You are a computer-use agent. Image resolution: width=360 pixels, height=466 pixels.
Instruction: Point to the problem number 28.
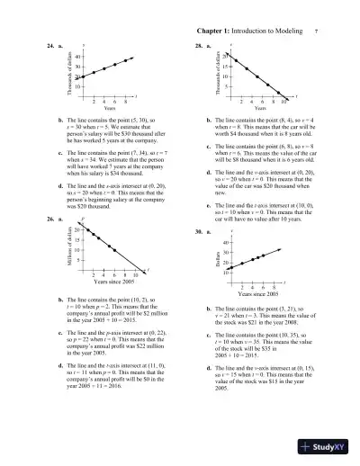click(x=196, y=44)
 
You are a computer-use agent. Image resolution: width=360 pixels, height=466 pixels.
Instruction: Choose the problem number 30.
click(x=196, y=232)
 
